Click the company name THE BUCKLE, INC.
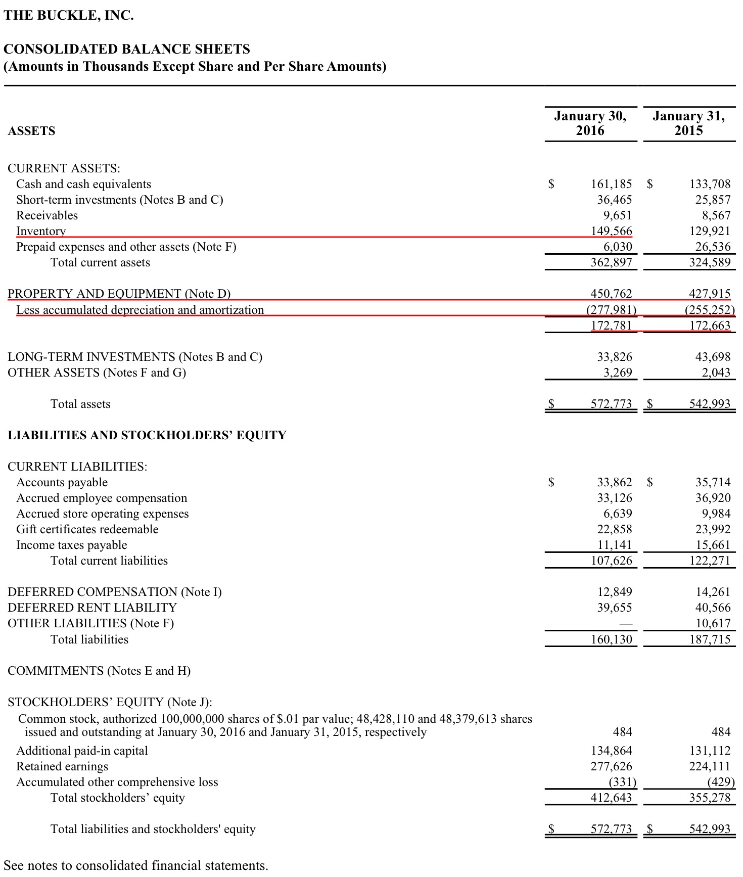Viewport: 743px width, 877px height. [69, 16]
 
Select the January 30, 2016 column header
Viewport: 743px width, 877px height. [590, 123]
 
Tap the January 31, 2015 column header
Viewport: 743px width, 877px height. [688, 123]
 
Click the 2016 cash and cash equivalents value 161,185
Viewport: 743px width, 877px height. [611, 184]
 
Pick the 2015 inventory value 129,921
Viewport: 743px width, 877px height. [710, 231]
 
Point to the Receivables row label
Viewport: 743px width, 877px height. [47, 215]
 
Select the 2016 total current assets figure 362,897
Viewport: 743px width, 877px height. [611, 262]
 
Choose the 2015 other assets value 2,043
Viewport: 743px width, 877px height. [716, 373]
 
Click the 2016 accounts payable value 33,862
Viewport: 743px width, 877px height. [614, 482]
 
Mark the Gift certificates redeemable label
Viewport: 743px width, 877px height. [87, 529]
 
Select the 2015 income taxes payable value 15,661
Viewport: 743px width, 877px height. [713, 545]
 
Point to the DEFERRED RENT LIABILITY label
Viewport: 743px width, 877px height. [92, 608]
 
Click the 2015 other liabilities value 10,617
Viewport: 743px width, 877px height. [713, 623]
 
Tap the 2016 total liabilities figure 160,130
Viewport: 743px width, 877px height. [611, 639]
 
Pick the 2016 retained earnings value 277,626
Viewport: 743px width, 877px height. [611, 766]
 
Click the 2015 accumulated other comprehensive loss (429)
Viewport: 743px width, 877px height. [721, 782]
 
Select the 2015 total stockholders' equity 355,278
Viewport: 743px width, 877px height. [710, 798]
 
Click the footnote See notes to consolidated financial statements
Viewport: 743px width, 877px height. [135, 865]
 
